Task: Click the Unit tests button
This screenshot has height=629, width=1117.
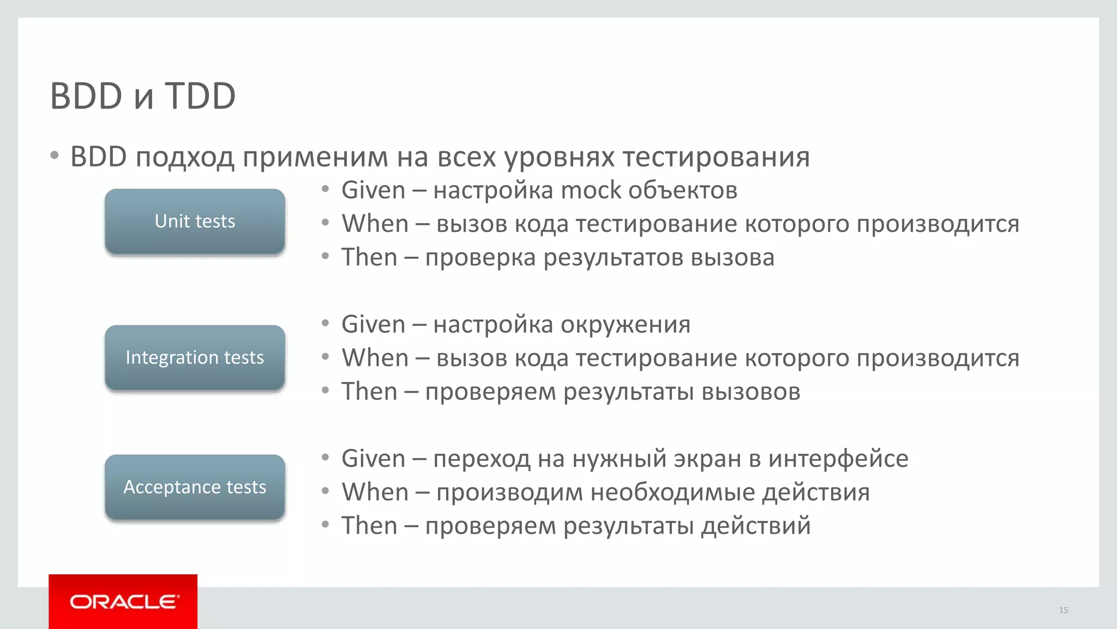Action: (195, 222)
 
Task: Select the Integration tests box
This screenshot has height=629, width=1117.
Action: (195, 358)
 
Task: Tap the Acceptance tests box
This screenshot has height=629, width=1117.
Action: (195, 487)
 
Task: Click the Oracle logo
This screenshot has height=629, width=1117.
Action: (123, 602)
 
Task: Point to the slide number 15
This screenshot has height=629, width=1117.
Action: (1063, 610)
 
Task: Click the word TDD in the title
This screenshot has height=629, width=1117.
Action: (200, 97)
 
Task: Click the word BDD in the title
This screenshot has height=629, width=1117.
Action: (86, 97)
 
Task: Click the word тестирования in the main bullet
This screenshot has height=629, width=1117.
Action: (716, 157)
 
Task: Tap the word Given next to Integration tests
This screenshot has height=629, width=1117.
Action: (373, 325)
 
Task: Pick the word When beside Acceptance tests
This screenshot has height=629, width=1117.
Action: (375, 492)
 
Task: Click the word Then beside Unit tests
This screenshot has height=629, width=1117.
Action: (369, 258)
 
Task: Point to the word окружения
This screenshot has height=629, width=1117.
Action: (625, 325)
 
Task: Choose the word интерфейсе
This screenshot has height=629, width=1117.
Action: (838, 459)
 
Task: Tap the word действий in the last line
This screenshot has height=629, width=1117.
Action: (756, 526)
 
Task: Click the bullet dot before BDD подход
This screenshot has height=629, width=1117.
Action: (54, 156)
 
